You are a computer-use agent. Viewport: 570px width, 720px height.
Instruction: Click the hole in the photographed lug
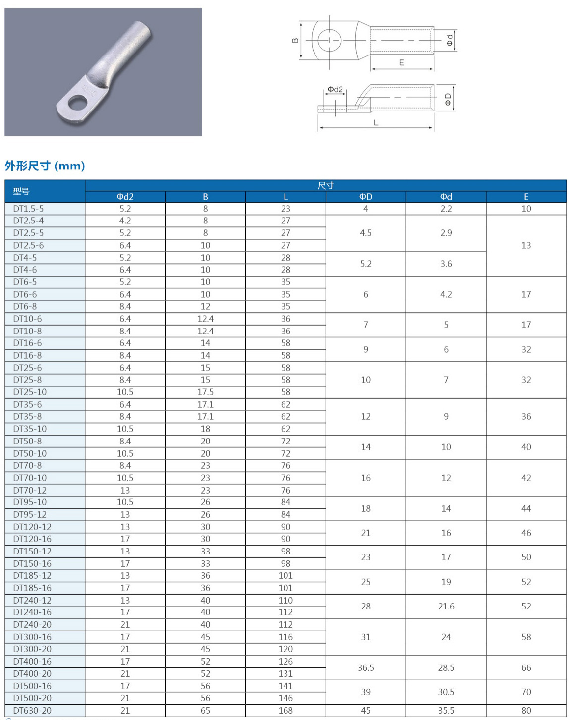(77, 103)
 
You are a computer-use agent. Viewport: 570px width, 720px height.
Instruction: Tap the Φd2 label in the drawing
(335, 89)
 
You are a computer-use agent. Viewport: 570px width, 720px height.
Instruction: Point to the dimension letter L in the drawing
(376, 122)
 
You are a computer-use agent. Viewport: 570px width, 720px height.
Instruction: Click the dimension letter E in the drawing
(401, 63)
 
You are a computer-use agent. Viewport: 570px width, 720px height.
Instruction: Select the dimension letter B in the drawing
(295, 41)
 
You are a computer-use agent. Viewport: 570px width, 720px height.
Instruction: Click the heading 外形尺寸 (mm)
(45, 166)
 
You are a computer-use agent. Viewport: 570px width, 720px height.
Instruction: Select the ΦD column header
(366, 197)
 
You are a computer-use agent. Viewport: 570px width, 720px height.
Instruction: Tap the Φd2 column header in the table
(125, 197)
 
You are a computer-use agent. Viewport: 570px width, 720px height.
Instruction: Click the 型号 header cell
(21, 191)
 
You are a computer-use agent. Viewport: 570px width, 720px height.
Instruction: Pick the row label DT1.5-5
(28, 209)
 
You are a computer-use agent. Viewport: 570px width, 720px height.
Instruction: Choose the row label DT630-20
(32, 710)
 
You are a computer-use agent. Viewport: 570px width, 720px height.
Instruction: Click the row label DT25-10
(30, 392)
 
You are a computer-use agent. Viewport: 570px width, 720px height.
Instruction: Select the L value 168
(285, 710)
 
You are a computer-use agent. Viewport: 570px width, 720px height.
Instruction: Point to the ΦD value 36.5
(366, 667)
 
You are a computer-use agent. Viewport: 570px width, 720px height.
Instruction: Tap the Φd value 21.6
(446, 606)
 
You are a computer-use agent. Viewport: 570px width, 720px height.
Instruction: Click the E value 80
(526, 710)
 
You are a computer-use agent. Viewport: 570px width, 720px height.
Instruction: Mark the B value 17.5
(205, 392)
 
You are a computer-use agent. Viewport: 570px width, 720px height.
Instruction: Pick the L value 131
(285, 673)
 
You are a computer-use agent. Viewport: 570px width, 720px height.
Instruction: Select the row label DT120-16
(32, 539)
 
